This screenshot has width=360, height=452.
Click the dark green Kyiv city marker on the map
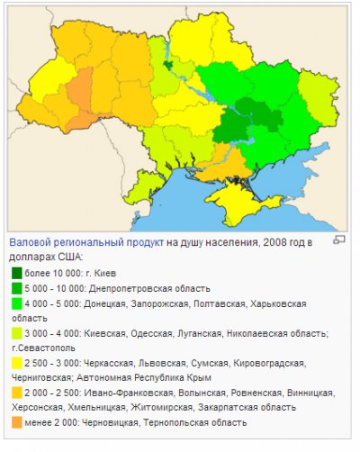[x=168, y=64]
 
